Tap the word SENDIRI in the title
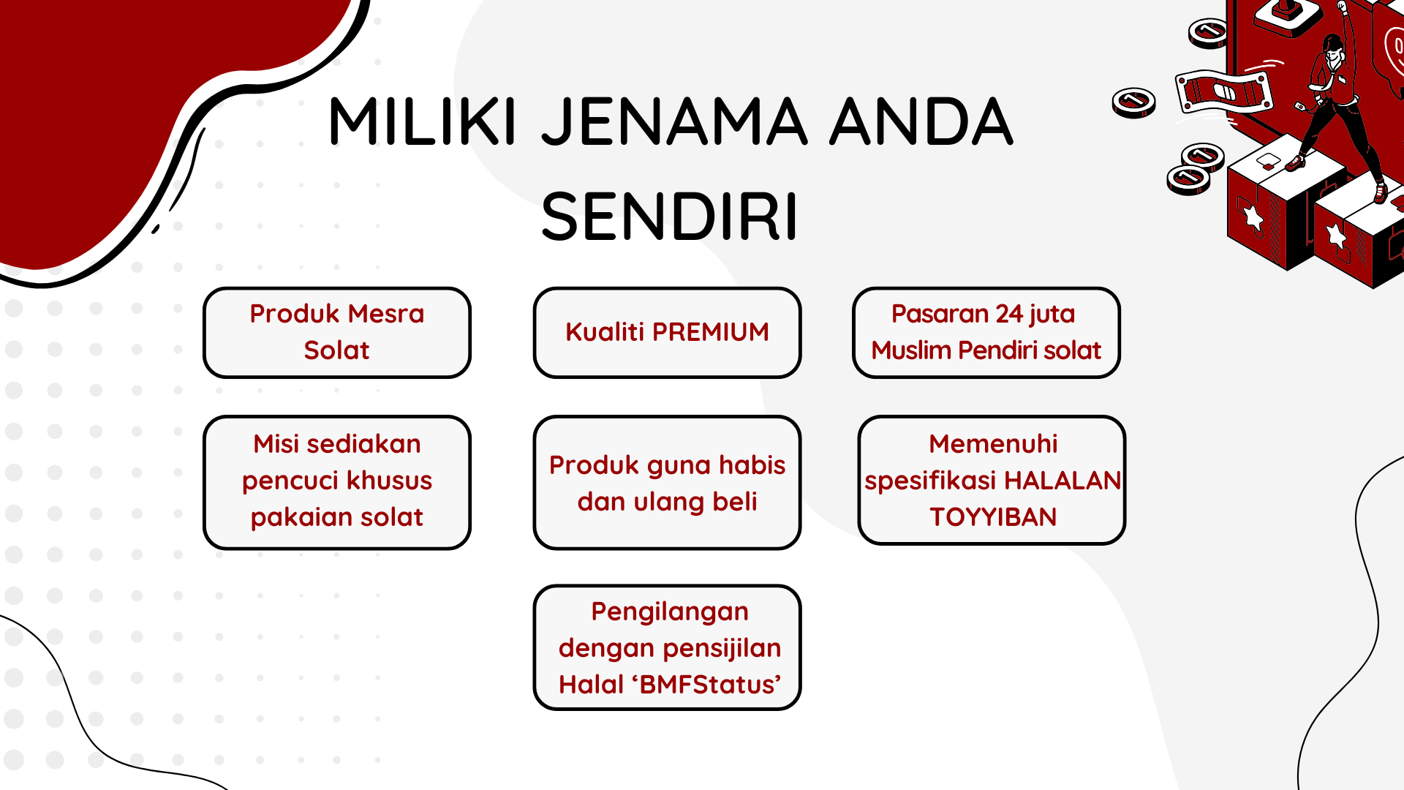click(x=669, y=217)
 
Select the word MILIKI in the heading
click(x=423, y=121)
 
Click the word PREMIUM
click(x=710, y=332)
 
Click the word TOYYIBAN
click(x=993, y=517)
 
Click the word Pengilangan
click(x=670, y=612)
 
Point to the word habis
click(x=752, y=465)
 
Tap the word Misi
click(x=276, y=444)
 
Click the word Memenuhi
click(x=993, y=444)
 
